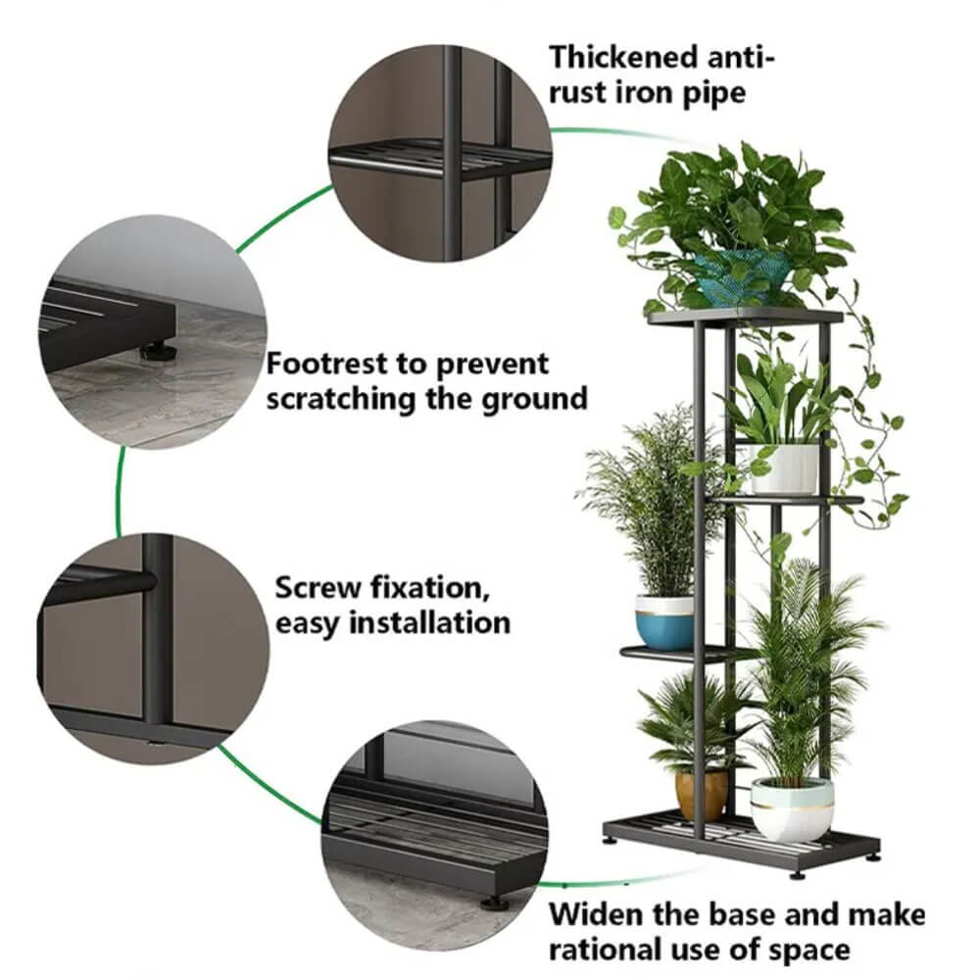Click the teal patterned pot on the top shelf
tap(742, 278)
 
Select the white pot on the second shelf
tap(785, 468)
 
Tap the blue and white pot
tap(665, 623)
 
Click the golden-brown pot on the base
tap(702, 796)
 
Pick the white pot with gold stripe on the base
tap(792, 809)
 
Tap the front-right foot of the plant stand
tap(797, 874)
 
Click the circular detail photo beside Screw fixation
tap(153, 648)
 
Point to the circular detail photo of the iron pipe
tap(441, 153)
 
